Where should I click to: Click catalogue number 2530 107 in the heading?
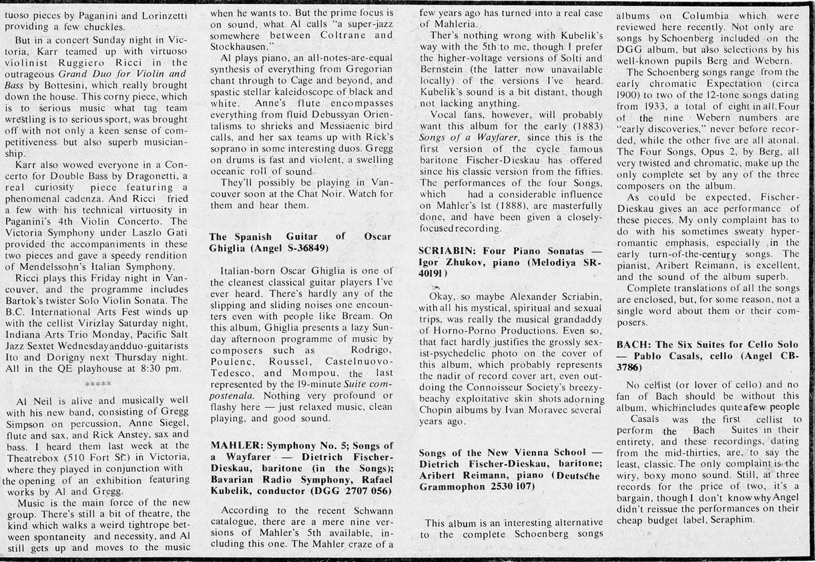(527, 486)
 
